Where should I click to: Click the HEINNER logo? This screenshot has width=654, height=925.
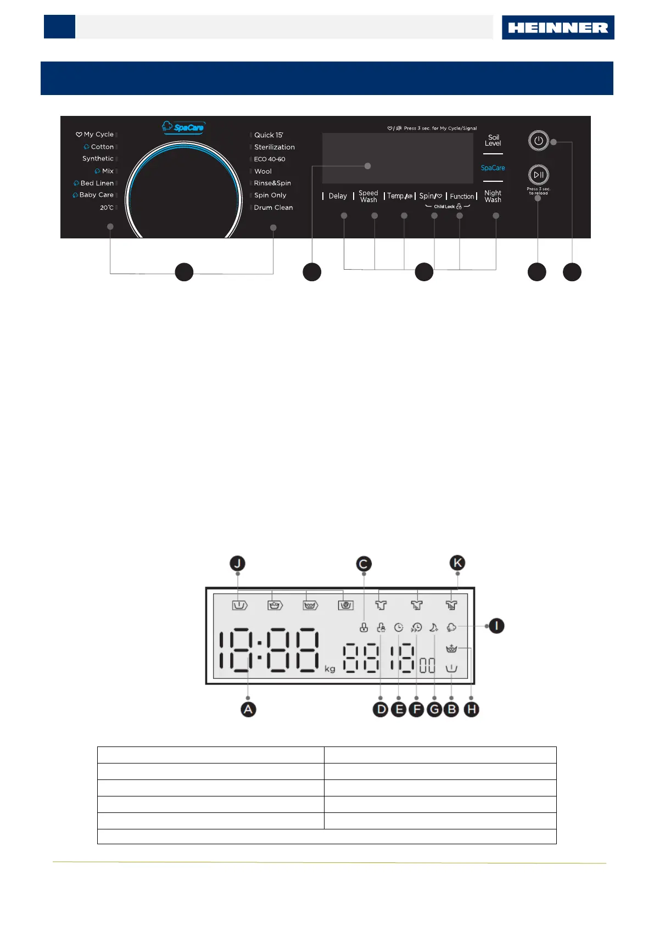(558, 27)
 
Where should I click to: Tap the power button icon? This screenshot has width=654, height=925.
(538, 141)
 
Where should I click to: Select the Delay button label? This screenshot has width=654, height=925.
(338, 196)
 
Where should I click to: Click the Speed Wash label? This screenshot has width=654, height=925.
(368, 196)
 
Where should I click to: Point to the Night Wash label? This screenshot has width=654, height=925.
(493, 196)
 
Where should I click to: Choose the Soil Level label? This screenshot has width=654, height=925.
(493, 140)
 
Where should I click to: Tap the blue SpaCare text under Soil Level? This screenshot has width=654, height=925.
(493, 168)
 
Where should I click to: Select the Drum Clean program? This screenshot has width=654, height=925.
(273, 208)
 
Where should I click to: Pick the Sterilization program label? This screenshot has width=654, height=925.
(274, 147)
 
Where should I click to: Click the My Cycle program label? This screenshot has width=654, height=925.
(98, 135)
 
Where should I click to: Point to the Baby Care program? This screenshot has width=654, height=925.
(96, 195)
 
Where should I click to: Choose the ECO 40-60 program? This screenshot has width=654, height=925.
(269, 159)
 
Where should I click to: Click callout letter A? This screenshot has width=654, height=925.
(248, 709)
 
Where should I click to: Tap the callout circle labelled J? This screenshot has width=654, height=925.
(237, 564)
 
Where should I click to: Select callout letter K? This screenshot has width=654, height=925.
(457, 563)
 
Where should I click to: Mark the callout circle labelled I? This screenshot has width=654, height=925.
(496, 626)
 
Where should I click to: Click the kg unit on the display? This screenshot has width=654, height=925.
(329, 668)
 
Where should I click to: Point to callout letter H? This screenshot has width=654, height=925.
(471, 710)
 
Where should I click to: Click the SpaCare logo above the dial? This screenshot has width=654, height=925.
(183, 127)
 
